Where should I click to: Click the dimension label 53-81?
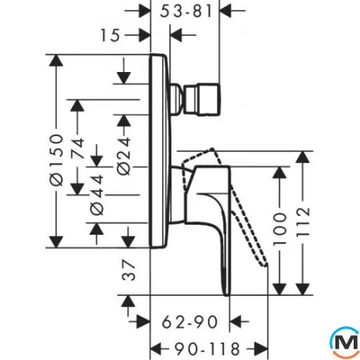pyautogui.click(x=186, y=12)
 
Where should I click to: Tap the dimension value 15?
pyautogui.click(x=110, y=35)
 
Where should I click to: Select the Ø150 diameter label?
pyautogui.click(x=56, y=160)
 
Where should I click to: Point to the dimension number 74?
pyautogui.click(x=77, y=148)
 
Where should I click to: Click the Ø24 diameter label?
pyautogui.click(x=124, y=156)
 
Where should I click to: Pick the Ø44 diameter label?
pyautogui.click(x=97, y=195)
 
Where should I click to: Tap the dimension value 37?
pyautogui.click(x=129, y=271)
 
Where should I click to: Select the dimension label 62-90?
pyautogui.click(x=189, y=322)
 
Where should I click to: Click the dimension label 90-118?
pyautogui.click(x=207, y=349)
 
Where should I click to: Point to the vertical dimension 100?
pyautogui.click(x=279, y=229)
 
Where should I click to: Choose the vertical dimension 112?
pyautogui.click(x=303, y=221)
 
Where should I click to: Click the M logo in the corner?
pyautogui.click(x=345, y=342)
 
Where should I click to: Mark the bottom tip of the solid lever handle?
pyautogui.click(x=227, y=295)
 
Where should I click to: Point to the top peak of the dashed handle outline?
pyautogui.click(x=213, y=149)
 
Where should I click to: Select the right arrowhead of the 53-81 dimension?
pyautogui.click(x=225, y=11)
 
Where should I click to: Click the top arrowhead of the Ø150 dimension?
pyautogui.click(x=56, y=62)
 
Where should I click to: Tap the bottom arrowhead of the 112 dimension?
pyautogui.click(x=303, y=289)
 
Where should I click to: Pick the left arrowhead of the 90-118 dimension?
pyautogui.click(x=157, y=349)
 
